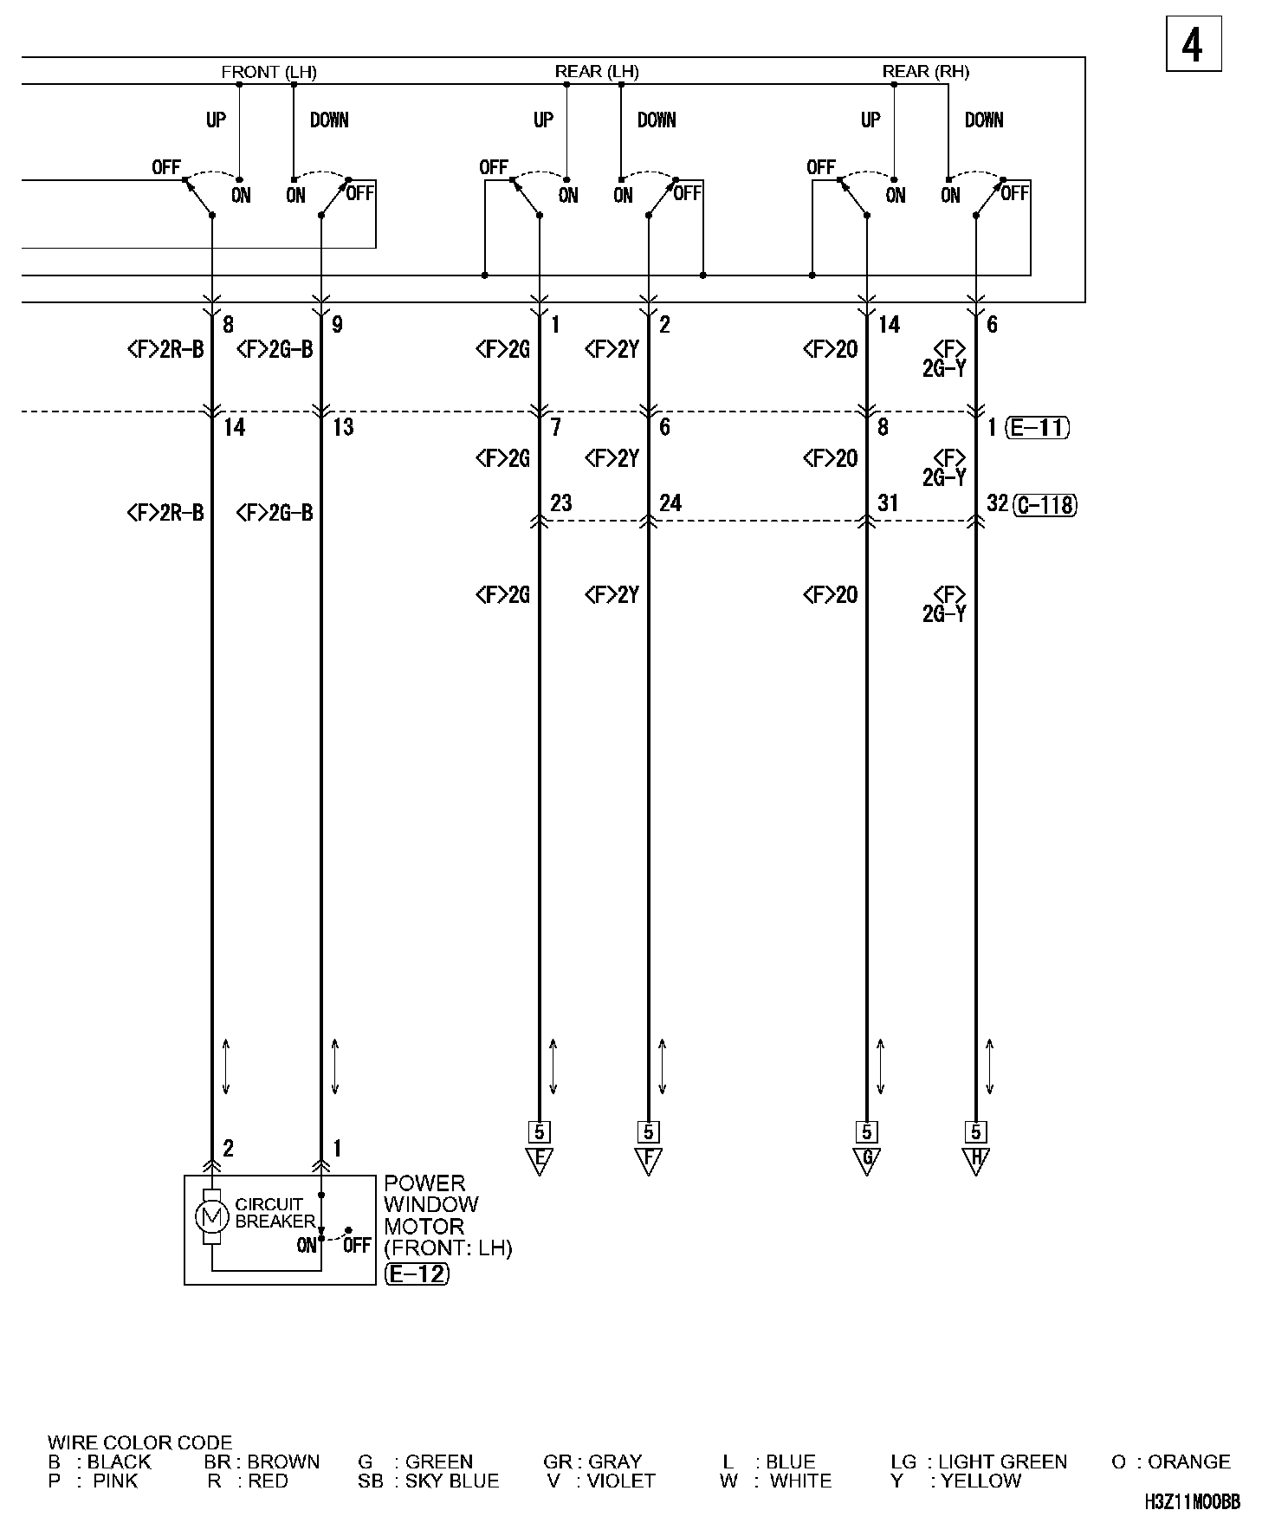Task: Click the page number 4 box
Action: tap(1193, 44)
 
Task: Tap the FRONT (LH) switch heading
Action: tap(269, 72)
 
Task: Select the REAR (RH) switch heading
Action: tap(925, 72)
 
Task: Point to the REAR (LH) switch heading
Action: tap(596, 72)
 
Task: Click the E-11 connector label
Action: tap(1038, 427)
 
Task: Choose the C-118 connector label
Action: tap(1045, 504)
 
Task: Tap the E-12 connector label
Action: tap(417, 1273)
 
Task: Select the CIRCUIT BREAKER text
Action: tap(275, 1213)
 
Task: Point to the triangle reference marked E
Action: tap(539, 1160)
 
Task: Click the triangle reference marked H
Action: tap(975, 1160)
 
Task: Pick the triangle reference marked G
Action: tap(866, 1160)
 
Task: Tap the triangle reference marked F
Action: tap(648, 1160)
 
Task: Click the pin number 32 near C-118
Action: tap(997, 503)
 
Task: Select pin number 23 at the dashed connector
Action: tap(560, 503)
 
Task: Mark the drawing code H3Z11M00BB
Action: tap(1191, 1501)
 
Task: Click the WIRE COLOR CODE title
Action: tap(139, 1442)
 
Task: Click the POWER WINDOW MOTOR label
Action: tap(430, 1205)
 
